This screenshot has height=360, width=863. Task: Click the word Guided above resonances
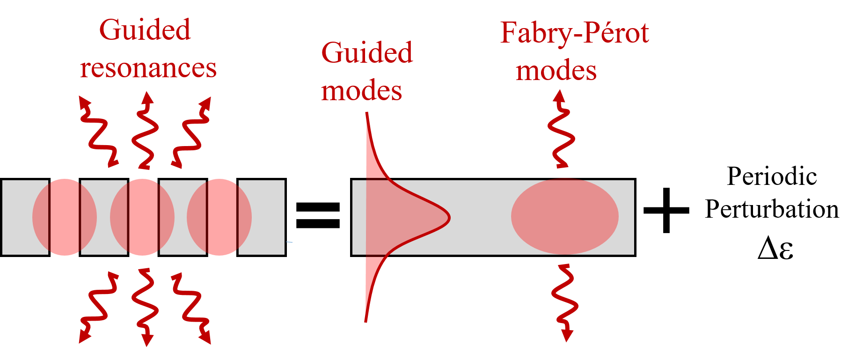pyautogui.click(x=145, y=30)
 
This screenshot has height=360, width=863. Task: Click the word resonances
pyautogui.click(x=148, y=68)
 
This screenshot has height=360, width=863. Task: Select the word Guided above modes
pyautogui.click(x=366, y=52)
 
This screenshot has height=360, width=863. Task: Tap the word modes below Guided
pyautogui.click(x=361, y=90)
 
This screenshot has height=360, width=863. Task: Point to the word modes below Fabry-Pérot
pyautogui.click(x=556, y=71)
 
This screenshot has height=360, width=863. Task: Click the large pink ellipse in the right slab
pyautogui.click(x=564, y=216)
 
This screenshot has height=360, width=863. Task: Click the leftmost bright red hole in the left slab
pyautogui.click(x=65, y=217)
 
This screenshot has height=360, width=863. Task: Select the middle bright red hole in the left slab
pyautogui.click(x=143, y=217)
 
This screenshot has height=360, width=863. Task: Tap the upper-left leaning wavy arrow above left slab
pyautogui.click(x=97, y=131)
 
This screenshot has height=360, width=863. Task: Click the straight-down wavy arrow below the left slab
pyautogui.click(x=145, y=307)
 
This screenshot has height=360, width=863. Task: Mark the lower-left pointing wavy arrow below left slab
pyautogui.click(x=98, y=307)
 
